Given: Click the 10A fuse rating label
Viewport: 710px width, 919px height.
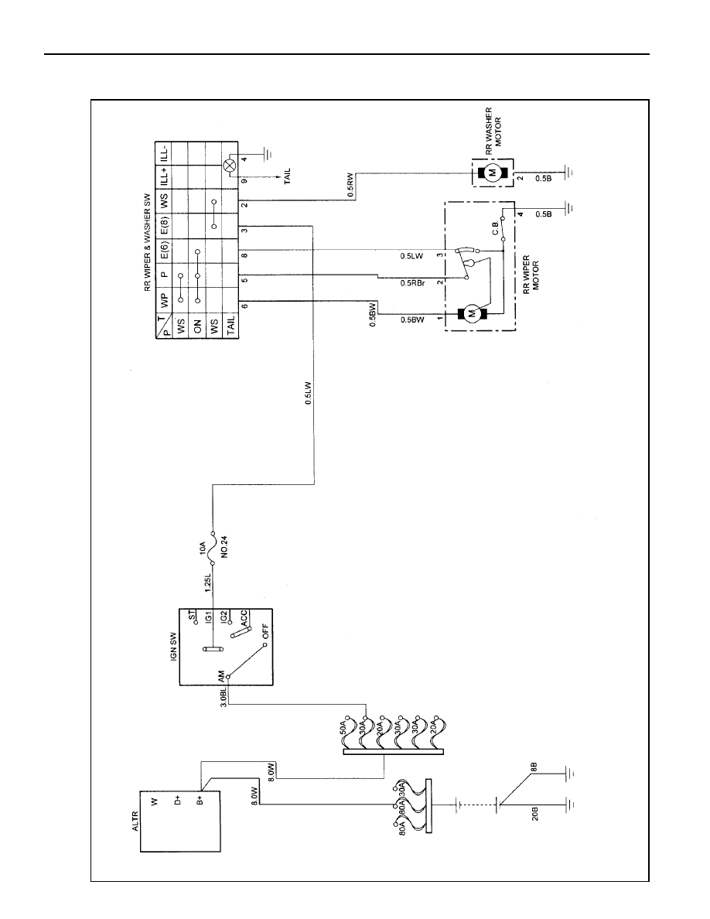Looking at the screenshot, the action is click(203, 548).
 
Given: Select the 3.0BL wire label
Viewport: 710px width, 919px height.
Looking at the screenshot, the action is click(224, 695).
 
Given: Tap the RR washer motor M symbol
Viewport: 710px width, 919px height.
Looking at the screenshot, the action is click(491, 173).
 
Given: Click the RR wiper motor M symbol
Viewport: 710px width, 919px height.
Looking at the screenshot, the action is click(471, 315).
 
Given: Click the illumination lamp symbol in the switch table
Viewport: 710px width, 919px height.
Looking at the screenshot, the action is click(230, 166).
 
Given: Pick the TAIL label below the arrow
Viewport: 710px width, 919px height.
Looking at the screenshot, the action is click(287, 175).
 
